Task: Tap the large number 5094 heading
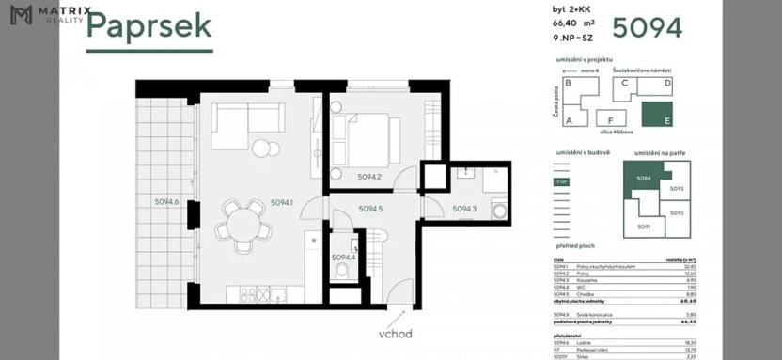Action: [648, 26]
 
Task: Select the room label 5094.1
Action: [282, 202]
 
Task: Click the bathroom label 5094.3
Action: [464, 209]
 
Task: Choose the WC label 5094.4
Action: [343, 257]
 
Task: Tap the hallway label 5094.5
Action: [370, 209]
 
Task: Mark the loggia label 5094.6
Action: [167, 201]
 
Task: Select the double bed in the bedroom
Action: [365, 137]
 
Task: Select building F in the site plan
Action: [611, 120]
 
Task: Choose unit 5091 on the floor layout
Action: [644, 227]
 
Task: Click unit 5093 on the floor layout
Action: [677, 189]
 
